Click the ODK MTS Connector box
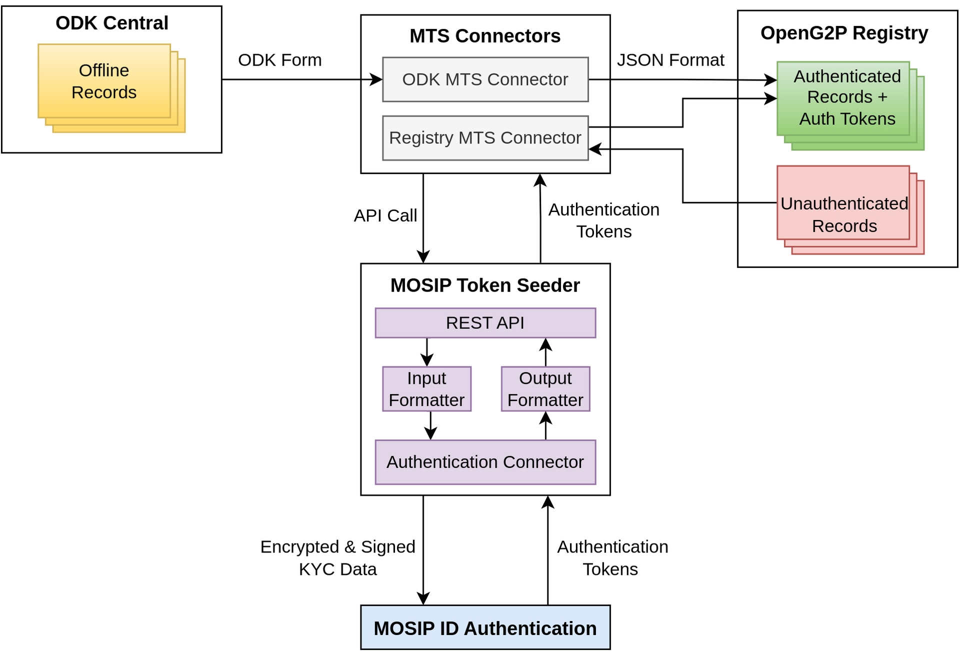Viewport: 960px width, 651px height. (485, 79)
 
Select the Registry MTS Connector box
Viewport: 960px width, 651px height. (485, 138)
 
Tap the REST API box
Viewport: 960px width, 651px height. (485, 323)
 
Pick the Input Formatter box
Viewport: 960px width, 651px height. (426, 389)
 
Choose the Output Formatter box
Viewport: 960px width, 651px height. (545, 389)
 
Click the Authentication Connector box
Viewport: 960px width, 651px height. (485, 462)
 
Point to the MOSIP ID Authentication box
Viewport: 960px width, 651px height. (485, 628)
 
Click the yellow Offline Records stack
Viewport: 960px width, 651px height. (104, 81)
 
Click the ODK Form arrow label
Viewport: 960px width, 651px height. (279, 60)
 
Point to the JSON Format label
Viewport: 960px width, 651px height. (670, 60)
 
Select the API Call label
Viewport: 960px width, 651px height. (385, 215)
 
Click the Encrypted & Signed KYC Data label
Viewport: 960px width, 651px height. (337, 558)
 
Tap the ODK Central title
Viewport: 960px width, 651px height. (111, 23)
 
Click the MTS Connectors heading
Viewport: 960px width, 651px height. (485, 36)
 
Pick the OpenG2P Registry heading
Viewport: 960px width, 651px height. (844, 33)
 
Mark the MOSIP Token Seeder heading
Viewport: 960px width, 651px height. (485, 285)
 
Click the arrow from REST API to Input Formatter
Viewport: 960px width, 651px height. (426, 352)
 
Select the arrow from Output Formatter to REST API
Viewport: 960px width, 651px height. (545, 352)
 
